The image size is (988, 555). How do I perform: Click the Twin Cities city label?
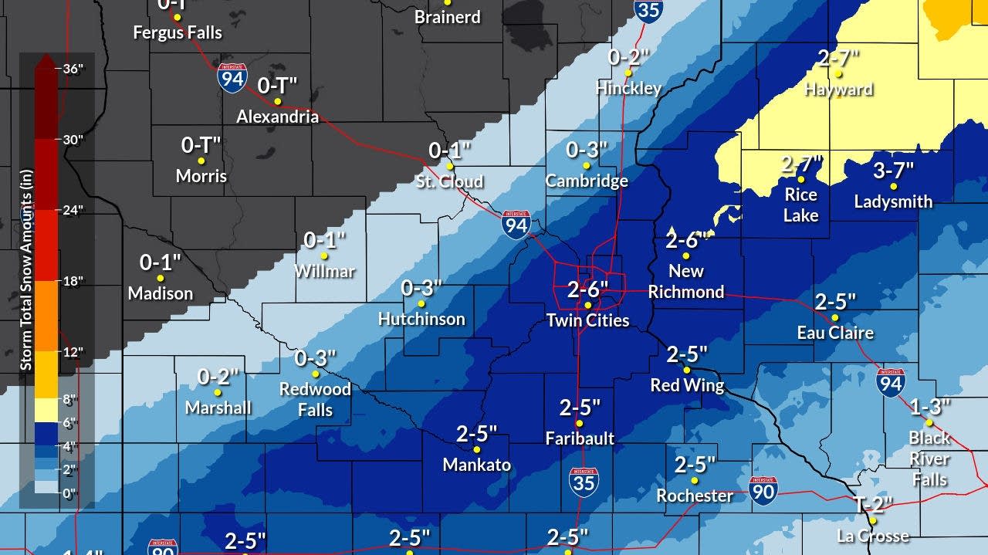[587, 320]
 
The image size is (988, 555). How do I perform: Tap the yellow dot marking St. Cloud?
[450, 165]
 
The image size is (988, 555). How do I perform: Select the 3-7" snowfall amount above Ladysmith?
[893, 170]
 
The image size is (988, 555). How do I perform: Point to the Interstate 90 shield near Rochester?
[763, 490]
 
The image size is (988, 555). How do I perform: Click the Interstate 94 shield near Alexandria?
[232, 79]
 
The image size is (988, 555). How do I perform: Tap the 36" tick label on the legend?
[73, 68]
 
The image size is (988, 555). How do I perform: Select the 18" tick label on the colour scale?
[73, 281]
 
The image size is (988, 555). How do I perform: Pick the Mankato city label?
[476, 465]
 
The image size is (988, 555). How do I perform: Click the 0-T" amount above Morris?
[201, 144]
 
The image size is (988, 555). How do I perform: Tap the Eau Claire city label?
[835, 333]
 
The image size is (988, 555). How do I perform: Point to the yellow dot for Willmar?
[324, 256]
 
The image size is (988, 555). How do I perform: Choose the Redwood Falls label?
[315, 399]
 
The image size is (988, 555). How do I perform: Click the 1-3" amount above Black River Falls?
[929, 406]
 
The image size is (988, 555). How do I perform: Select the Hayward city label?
[838, 90]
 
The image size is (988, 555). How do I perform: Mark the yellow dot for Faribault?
[580, 423]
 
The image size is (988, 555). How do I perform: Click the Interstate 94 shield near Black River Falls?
[891, 382]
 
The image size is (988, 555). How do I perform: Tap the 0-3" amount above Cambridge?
[587, 150]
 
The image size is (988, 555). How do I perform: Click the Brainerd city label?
[448, 16]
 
